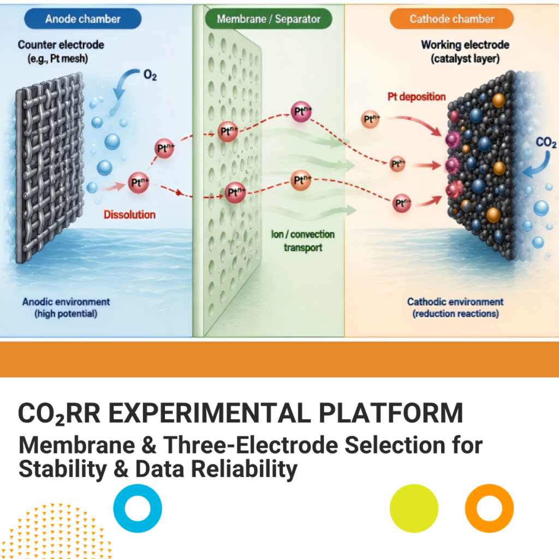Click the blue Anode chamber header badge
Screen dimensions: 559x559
click(x=83, y=19)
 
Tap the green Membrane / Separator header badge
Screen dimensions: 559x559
click(x=269, y=19)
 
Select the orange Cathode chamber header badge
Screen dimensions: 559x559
click(x=451, y=19)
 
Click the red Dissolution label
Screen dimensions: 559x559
click(x=129, y=215)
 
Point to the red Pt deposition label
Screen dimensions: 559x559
click(x=417, y=97)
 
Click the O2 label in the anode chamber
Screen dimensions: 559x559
click(x=150, y=75)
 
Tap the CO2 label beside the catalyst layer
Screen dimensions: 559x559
click(x=546, y=142)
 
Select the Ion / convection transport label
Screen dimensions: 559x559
click(x=302, y=241)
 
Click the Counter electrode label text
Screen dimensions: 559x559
click(x=61, y=51)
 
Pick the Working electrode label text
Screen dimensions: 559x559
click(x=465, y=51)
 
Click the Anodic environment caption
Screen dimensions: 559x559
click(x=66, y=308)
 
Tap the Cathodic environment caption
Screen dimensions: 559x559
click(x=455, y=308)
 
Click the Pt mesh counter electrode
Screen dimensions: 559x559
click(x=49, y=168)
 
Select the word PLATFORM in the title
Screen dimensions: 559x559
click(x=391, y=413)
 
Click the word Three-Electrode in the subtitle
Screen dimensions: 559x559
click(x=250, y=445)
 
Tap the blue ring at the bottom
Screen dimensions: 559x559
click(x=138, y=508)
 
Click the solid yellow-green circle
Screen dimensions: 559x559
click(x=414, y=508)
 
